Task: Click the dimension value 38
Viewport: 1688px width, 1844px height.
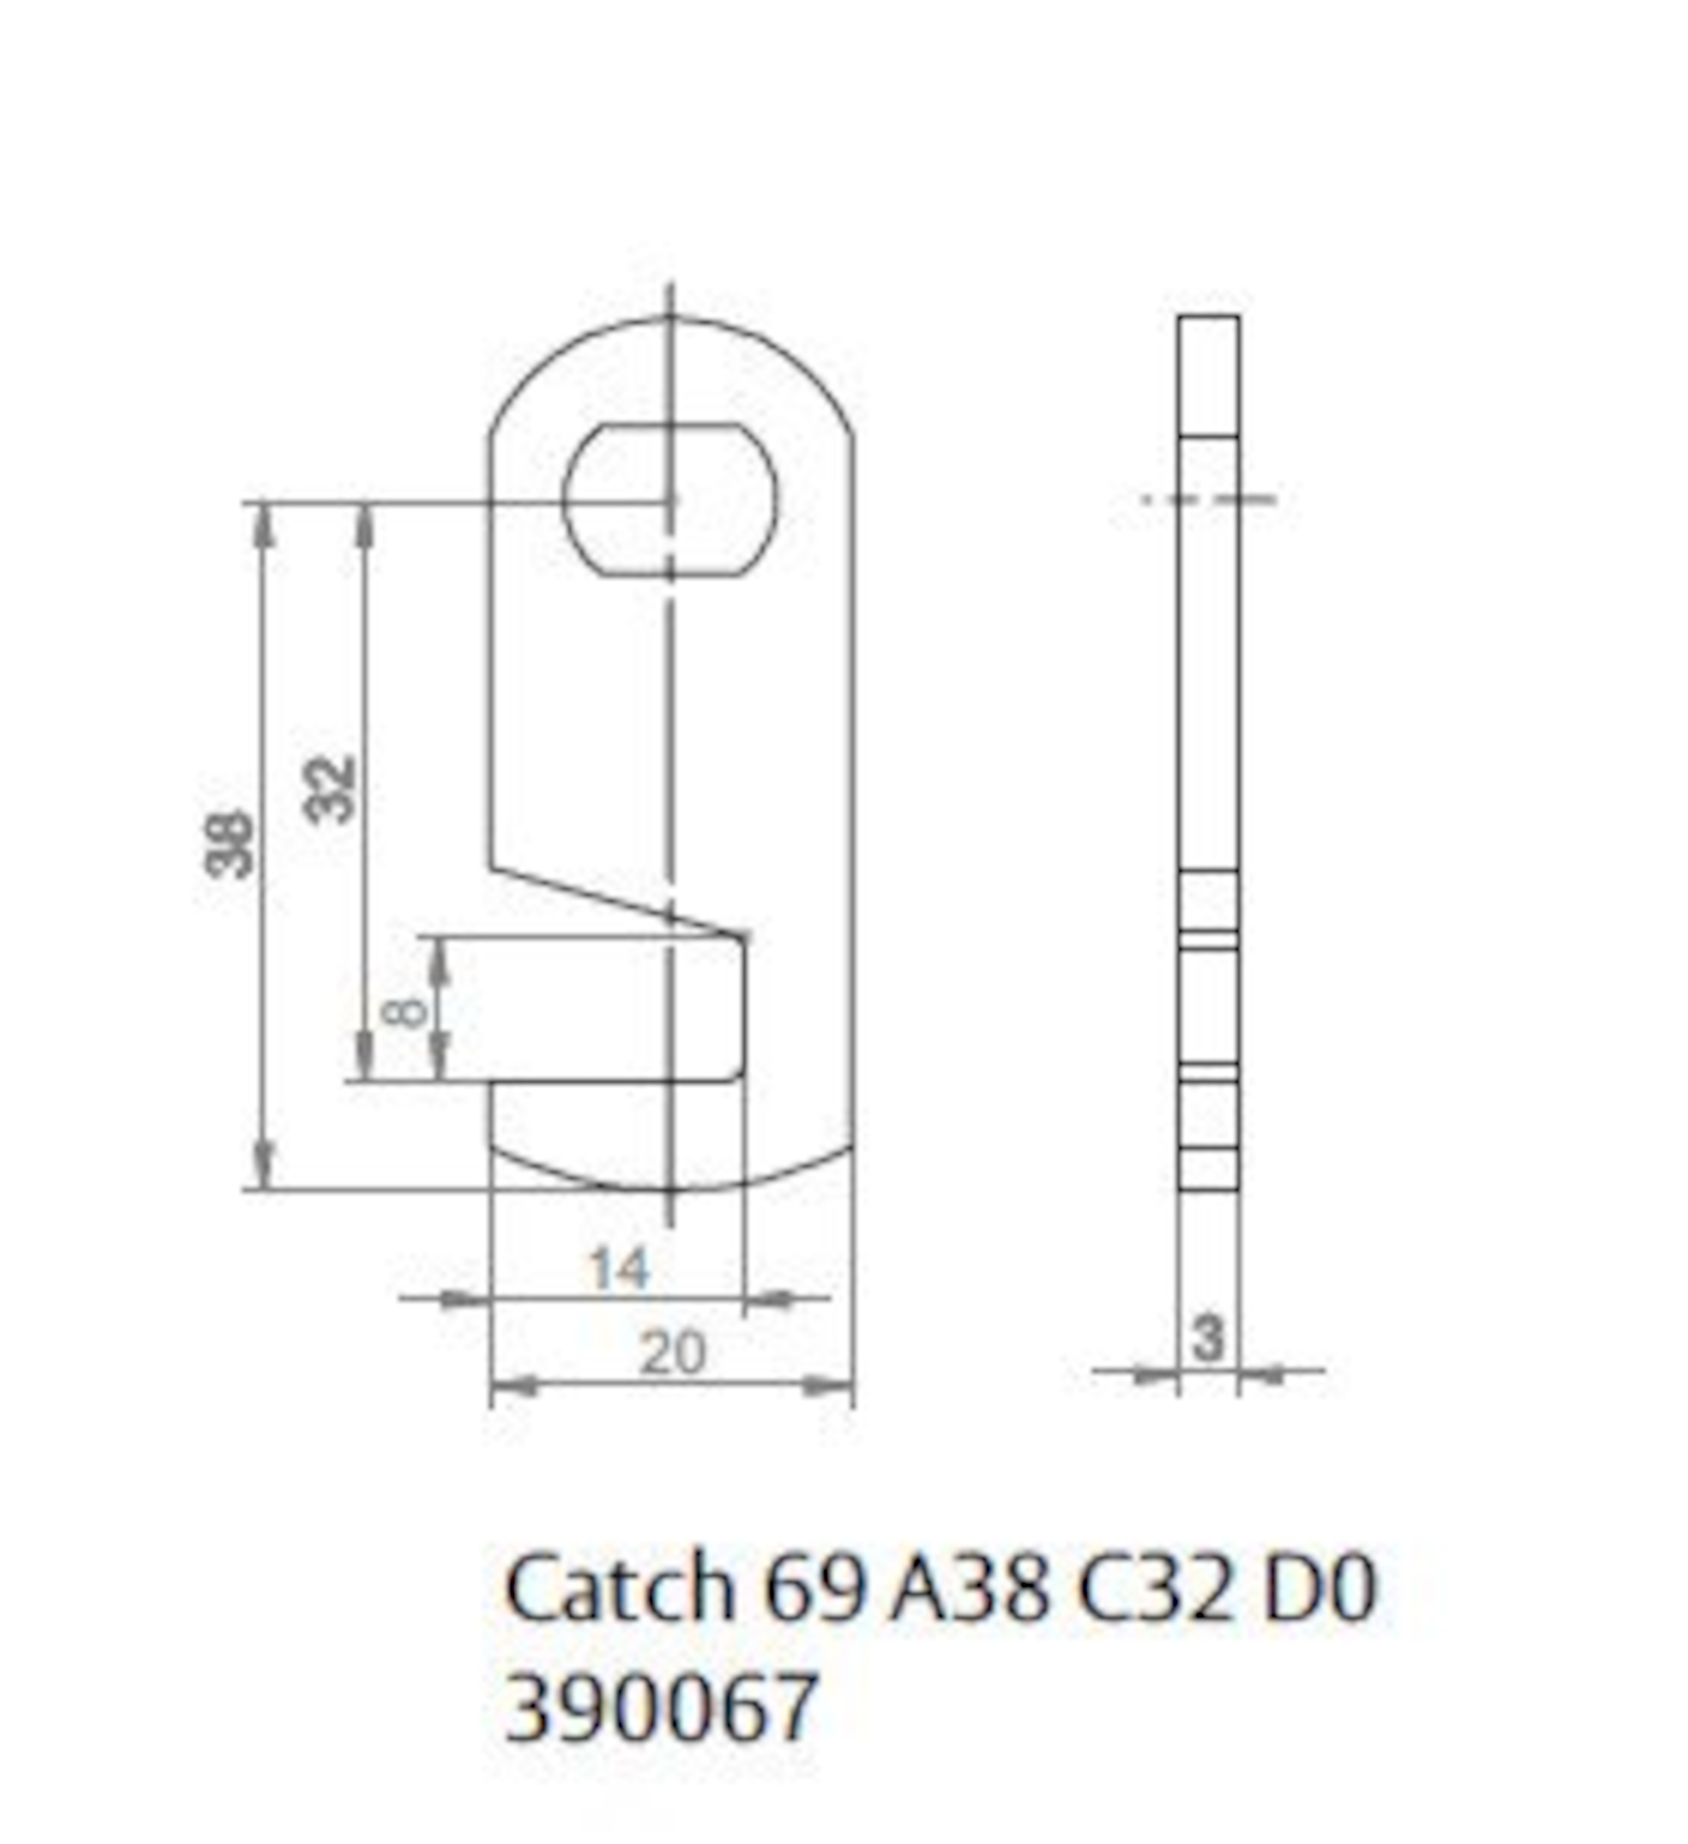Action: [x=229, y=843]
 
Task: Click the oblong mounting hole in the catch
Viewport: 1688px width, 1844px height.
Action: [x=670, y=499]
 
